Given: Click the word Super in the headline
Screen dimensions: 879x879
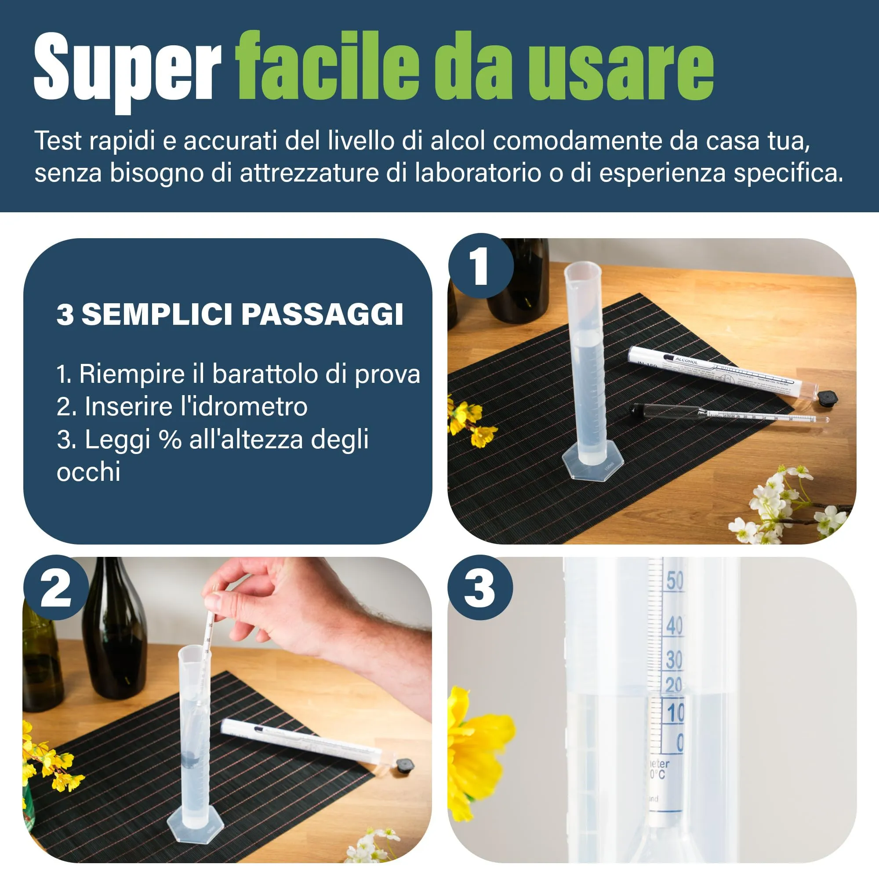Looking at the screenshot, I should pos(127,68).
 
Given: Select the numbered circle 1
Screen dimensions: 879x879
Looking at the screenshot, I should pos(480,267).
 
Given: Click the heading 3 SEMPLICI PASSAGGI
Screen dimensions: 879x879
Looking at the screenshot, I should pos(230,314).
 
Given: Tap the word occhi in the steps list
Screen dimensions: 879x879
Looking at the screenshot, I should pos(89,472).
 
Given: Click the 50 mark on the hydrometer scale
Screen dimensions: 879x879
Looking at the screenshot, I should pos(675,581).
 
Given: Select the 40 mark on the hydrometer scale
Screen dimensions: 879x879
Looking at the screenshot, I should pos(674,626).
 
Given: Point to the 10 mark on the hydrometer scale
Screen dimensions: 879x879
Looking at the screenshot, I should pos(676,713).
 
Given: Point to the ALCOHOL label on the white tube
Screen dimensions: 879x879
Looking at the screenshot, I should pos(686,360).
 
